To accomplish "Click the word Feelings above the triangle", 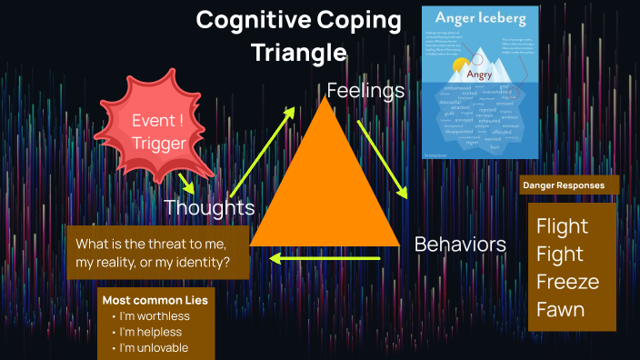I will tap(365, 91).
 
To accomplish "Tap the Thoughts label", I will tap(209, 208).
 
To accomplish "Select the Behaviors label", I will tap(460, 244).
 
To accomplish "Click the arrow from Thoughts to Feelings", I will tap(263, 151).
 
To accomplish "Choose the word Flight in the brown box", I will tap(562, 226).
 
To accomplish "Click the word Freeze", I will tap(567, 282).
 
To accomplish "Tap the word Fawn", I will tap(560, 310).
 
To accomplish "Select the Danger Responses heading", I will tap(563, 185).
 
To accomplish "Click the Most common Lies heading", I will tap(155, 299).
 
